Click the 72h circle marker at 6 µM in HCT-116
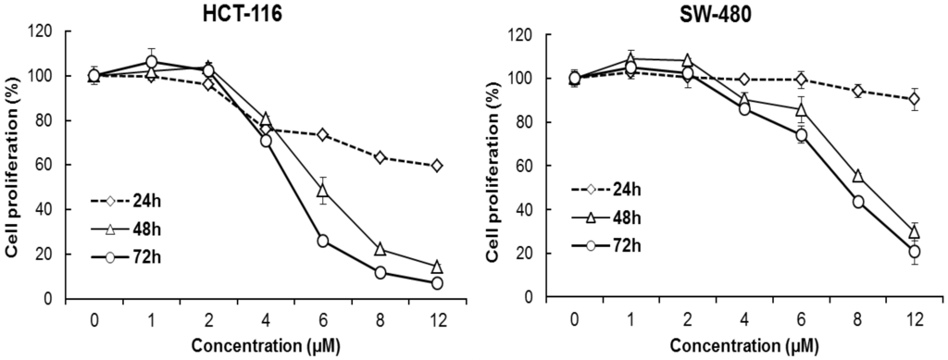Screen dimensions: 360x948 point(323,241)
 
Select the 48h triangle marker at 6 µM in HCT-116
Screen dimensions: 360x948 point(323,191)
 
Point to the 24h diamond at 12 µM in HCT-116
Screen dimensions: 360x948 point(437,166)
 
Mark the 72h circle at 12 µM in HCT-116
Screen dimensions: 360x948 point(437,283)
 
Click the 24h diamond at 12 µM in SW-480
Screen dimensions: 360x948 point(915,99)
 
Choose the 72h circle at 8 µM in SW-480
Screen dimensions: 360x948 point(858,202)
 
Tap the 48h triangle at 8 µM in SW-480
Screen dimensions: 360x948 point(858,176)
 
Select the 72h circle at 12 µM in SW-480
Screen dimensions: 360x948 point(915,252)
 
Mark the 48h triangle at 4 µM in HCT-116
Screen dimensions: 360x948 point(266,119)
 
